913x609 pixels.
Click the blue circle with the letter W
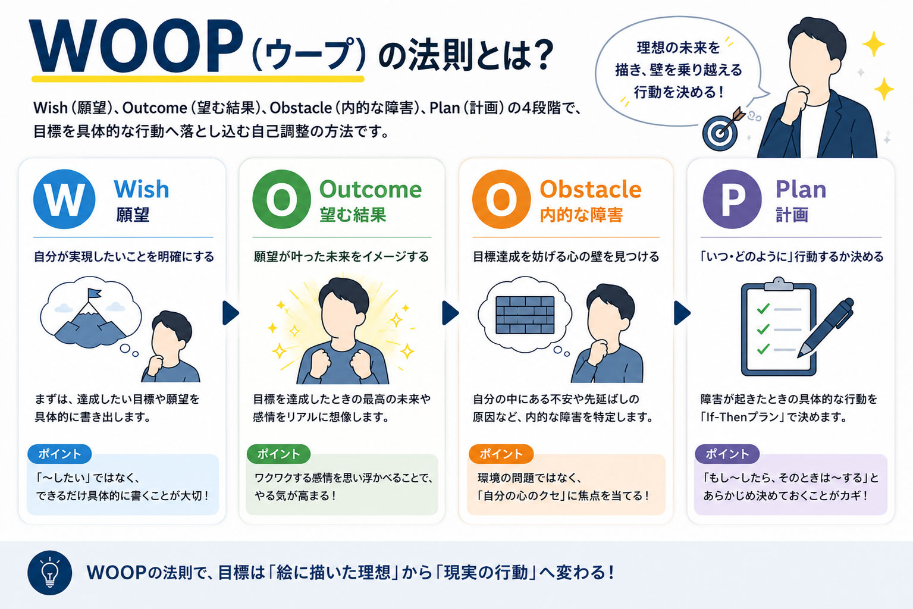(x=64, y=199)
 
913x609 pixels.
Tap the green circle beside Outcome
(x=282, y=199)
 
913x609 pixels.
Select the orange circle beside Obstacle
(x=501, y=199)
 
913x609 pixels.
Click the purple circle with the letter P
(x=732, y=199)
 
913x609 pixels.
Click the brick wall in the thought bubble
(x=525, y=315)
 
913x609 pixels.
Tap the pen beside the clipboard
(x=826, y=328)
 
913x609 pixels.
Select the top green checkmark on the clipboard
(x=763, y=309)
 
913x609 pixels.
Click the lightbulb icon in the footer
(x=50, y=573)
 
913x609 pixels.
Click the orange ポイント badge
(x=501, y=454)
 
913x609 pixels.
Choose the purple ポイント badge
(x=727, y=454)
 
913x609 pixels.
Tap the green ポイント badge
(x=279, y=454)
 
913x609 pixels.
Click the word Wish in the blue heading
(x=142, y=189)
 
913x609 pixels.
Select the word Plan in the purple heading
(x=801, y=189)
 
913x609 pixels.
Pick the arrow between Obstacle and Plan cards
(x=682, y=313)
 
